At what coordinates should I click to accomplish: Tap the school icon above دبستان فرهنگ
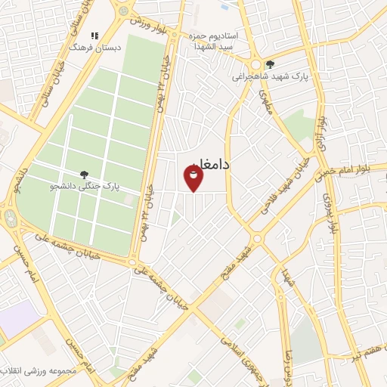94,35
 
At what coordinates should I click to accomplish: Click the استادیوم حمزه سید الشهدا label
234,41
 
